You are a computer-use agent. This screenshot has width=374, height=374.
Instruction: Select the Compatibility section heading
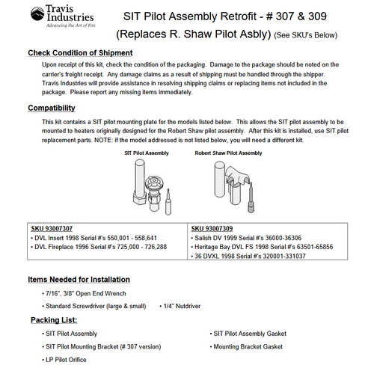59,108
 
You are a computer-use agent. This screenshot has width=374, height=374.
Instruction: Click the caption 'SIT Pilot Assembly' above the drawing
147,152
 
